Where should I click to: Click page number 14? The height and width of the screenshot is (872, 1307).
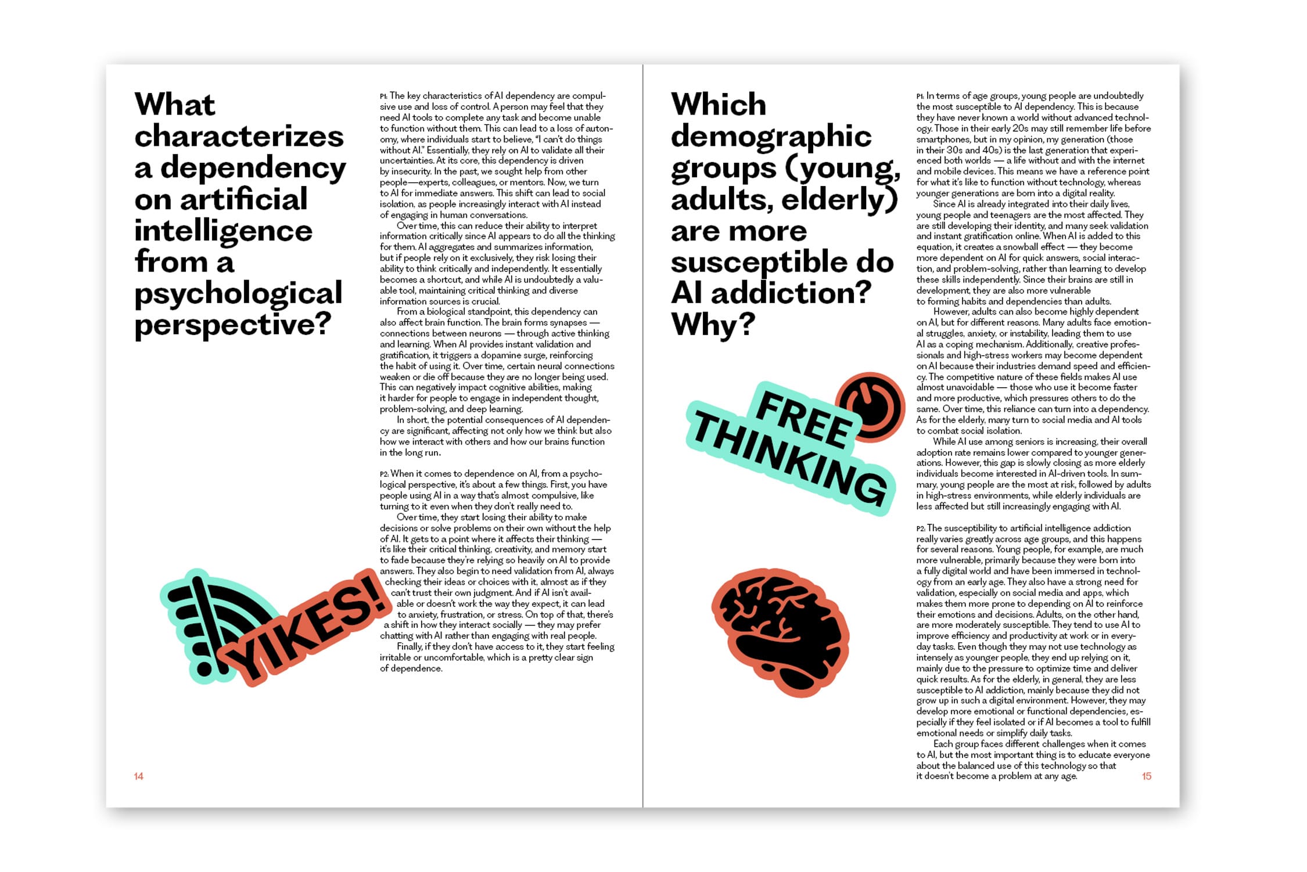tap(138, 776)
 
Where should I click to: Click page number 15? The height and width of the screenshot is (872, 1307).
tap(1146, 776)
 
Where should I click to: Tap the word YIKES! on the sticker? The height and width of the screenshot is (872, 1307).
tap(308, 631)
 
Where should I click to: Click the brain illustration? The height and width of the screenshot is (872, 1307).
tap(781, 631)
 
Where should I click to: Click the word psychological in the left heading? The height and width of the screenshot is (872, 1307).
tap(238, 293)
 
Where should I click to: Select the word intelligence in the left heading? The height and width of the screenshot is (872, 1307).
tap(224, 230)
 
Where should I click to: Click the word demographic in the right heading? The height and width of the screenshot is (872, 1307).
tap(771, 136)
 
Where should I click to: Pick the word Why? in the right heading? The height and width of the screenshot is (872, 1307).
tap(713, 324)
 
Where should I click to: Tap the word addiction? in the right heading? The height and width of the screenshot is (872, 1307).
tap(791, 293)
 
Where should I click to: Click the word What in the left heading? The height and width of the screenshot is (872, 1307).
tap(175, 105)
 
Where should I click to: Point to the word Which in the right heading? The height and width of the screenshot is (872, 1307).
tap(719, 105)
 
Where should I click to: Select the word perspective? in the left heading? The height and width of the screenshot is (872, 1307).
tap(233, 324)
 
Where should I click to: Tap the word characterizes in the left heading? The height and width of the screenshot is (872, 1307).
tap(239, 136)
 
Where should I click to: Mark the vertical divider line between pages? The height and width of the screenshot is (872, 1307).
tap(643, 436)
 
